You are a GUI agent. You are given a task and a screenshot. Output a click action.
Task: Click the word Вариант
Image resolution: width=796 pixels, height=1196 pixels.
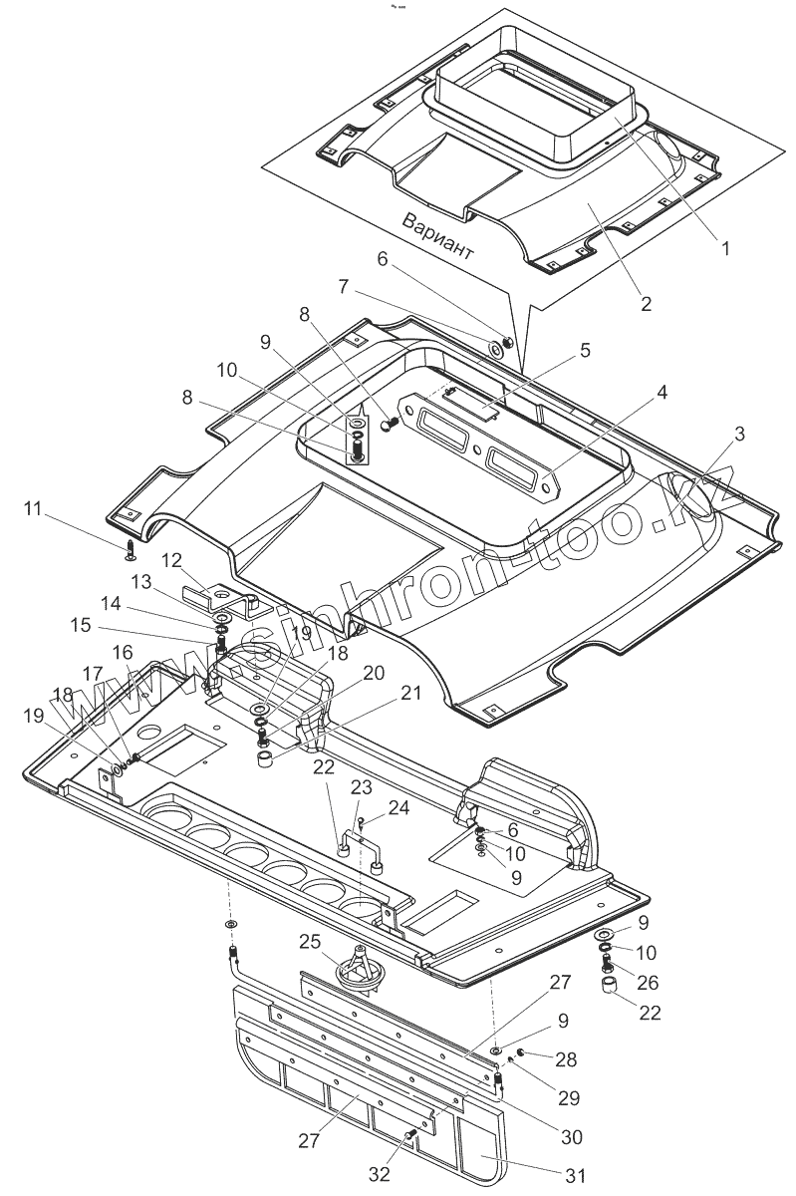(x=438, y=235)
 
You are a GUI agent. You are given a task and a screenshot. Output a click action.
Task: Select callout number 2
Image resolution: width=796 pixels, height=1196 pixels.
(x=646, y=304)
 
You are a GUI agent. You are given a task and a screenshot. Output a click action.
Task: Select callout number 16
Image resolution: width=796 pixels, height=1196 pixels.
(x=122, y=650)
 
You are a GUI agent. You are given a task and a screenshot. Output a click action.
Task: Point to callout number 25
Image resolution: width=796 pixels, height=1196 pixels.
(x=310, y=942)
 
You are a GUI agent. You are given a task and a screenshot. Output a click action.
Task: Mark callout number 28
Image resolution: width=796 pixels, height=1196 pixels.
(x=567, y=1059)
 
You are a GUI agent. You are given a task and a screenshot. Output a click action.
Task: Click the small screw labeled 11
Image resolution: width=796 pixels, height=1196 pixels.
(x=133, y=548)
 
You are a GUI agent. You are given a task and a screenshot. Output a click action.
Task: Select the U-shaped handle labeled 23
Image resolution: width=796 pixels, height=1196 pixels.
(x=362, y=845)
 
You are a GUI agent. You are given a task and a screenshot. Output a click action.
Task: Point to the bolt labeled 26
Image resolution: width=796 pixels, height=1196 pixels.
(x=608, y=965)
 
